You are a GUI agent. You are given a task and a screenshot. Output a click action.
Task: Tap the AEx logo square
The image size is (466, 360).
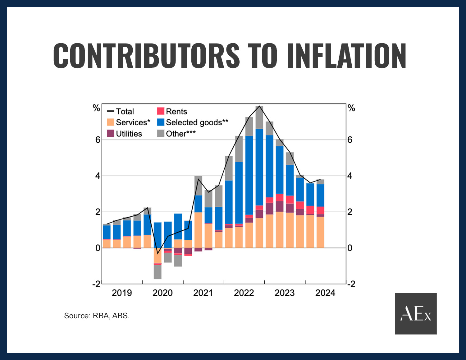416,313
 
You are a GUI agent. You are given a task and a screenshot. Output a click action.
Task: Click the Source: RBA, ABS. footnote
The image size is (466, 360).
97,316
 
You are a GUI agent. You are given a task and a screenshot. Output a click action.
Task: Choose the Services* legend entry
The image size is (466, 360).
129,122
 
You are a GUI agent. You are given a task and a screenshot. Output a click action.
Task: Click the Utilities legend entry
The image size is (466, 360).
125,134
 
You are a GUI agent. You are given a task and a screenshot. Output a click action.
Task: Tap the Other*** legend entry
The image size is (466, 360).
176,134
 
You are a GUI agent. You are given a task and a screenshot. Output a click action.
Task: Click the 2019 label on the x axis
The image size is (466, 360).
122,293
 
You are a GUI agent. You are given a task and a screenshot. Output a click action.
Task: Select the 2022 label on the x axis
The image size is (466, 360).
244,293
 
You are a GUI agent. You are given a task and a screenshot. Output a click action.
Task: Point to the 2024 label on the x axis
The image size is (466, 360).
325,293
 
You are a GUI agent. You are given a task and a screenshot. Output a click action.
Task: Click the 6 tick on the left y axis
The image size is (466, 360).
98,140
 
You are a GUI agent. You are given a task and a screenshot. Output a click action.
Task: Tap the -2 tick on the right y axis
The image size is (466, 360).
351,284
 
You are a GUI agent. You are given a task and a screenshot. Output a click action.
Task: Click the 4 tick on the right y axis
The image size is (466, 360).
350,176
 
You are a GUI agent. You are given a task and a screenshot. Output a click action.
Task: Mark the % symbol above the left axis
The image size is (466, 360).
97,108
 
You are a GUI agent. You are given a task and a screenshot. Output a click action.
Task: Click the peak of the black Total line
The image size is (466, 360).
259,106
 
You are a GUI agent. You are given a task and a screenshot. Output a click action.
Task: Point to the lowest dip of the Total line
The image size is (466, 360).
158,254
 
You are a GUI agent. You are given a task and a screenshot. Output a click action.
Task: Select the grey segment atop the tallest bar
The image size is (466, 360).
259,118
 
